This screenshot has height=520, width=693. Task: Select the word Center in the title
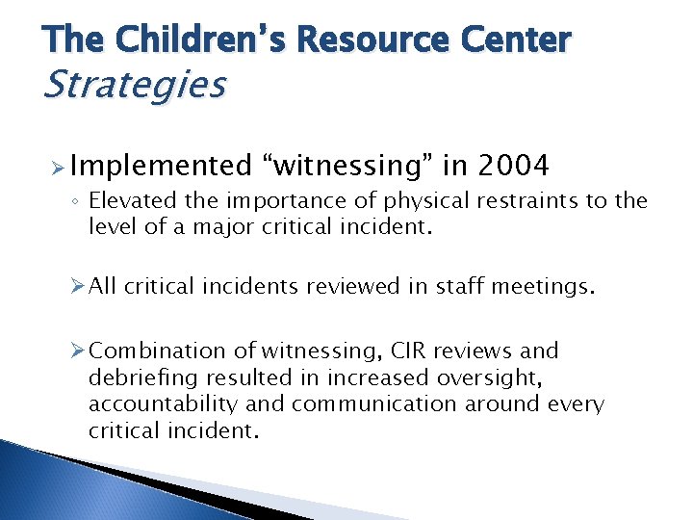515,39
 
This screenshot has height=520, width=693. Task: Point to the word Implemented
160,167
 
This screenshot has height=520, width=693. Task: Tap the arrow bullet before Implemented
56,167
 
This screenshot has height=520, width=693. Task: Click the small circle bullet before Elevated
75,201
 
